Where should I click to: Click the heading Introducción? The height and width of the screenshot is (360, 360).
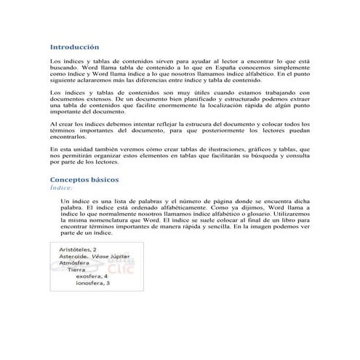coord(74,45)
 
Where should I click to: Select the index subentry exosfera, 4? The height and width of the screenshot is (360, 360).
coord(92,277)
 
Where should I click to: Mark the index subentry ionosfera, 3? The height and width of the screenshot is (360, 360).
coord(92,284)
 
